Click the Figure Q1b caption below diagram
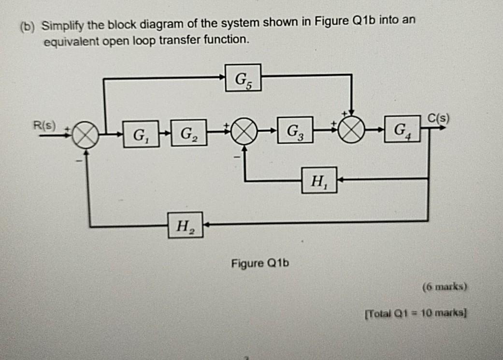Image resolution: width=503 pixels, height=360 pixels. pyautogui.click(x=259, y=264)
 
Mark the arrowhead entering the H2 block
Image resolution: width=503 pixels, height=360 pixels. pyautogui.click(x=206, y=225)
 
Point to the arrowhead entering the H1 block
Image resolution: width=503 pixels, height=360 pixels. pyautogui.click(x=340, y=179)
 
